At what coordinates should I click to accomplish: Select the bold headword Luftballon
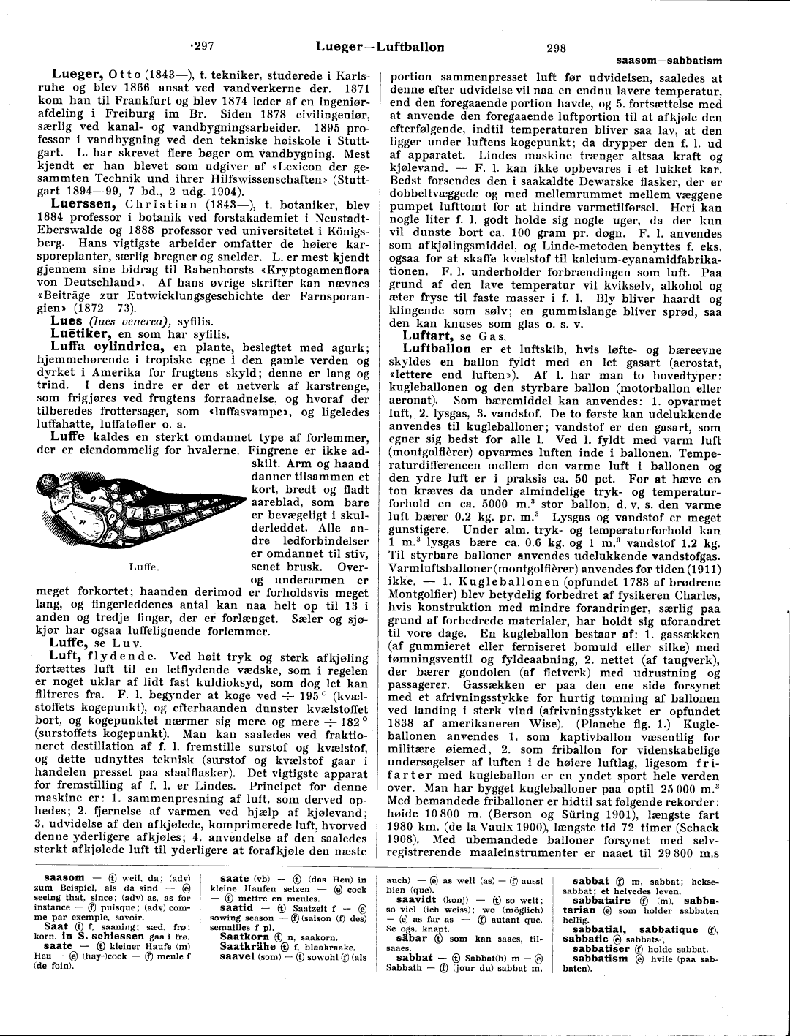click(437, 348)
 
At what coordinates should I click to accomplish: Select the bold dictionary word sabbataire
click(607, 901)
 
